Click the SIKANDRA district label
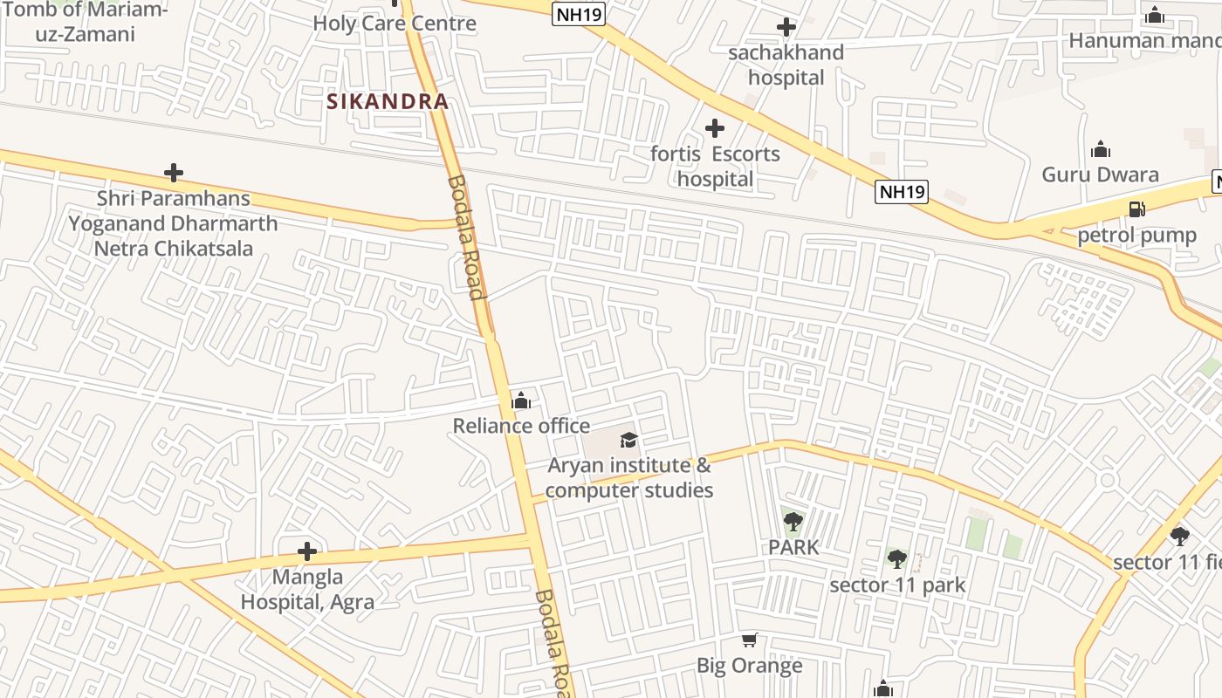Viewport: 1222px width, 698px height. (388, 101)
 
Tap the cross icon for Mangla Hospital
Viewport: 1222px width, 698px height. (306, 551)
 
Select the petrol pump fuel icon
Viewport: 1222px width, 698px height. (1136, 209)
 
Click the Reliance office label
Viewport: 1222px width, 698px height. (521, 426)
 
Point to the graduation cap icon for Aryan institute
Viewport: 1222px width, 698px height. (628, 440)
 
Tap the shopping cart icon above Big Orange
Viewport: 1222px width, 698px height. (749, 640)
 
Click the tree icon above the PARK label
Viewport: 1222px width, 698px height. (793, 523)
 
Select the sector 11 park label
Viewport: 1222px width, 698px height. (897, 585)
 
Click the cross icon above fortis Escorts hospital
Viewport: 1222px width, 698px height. (715, 129)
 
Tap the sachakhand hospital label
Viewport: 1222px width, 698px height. (786, 65)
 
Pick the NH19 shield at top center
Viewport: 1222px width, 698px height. (579, 14)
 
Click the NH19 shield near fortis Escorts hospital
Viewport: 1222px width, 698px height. (902, 192)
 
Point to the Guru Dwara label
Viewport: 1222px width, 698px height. (1100, 174)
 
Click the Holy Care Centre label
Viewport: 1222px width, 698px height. (395, 24)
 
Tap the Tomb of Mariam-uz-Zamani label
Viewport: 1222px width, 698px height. (85, 22)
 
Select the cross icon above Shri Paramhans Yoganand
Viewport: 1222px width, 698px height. (174, 173)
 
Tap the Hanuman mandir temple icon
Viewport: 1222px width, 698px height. (1155, 15)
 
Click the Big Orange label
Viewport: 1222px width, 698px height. (749, 666)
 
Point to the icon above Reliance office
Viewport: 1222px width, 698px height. (521, 400)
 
